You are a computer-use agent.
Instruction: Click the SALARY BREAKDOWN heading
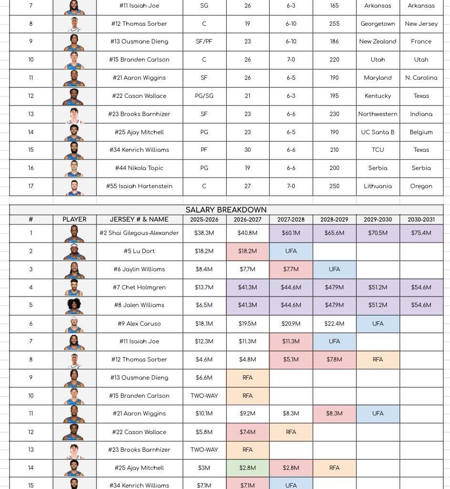pyautogui.click(x=226, y=210)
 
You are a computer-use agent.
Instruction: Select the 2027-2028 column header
pyautogui.click(x=291, y=220)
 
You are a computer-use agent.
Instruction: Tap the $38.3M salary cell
pyautogui.click(x=204, y=233)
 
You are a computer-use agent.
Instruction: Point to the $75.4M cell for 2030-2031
pyautogui.click(x=421, y=233)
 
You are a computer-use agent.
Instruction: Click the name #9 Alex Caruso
pyautogui.click(x=139, y=324)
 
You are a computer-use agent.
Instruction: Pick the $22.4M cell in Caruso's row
pyautogui.click(x=334, y=324)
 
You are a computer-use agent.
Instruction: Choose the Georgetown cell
pyautogui.click(x=377, y=24)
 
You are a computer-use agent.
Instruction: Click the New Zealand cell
pyautogui.click(x=377, y=42)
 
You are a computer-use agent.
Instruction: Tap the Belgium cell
pyautogui.click(x=421, y=132)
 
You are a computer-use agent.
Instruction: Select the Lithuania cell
pyautogui.click(x=377, y=186)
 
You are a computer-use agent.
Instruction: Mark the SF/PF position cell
pyautogui.click(x=204, y=42)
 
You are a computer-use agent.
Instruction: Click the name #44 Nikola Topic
pyautogui.click(x=139, y=168)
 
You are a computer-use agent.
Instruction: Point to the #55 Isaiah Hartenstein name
pyautogui.click(x=139, y=186)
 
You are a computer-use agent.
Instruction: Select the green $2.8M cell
pyautogui.click(x=247, y=468)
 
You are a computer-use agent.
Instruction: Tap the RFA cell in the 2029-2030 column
pyautogui.click(x=377, y=360)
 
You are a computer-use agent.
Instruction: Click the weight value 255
pyautogui.click(x=334, y=24)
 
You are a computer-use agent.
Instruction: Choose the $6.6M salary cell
pyautogui.click(x=204, y=378)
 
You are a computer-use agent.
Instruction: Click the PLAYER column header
pyautogui.click(x=75, y=220)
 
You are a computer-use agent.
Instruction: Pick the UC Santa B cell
pyautogui.click(x=377, y=132)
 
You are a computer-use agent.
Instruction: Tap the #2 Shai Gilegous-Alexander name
pyautogui.click(x=139, y=233)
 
